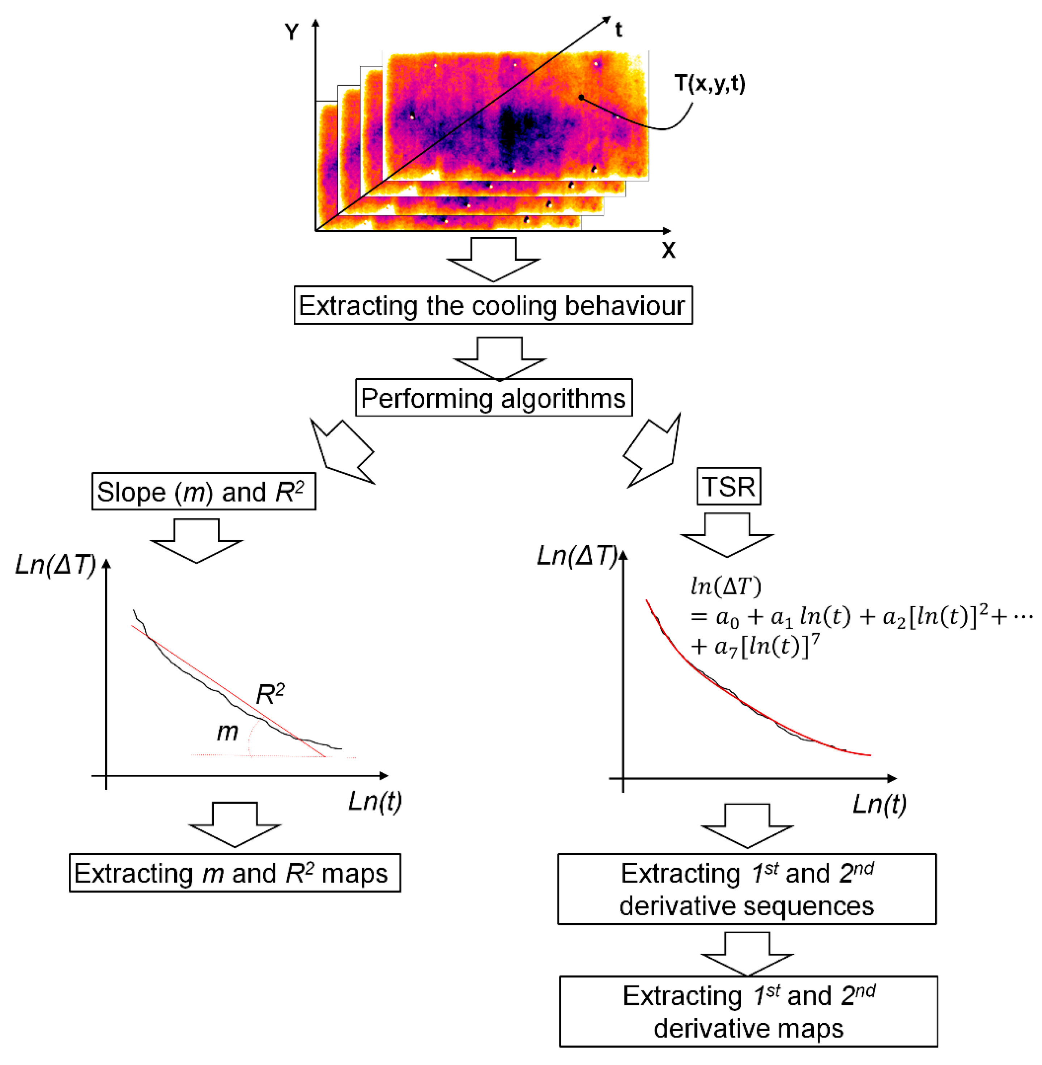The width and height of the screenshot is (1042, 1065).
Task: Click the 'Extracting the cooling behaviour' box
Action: (x=493, y=305)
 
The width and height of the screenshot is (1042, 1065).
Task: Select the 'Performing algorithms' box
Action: (x=494, y=398)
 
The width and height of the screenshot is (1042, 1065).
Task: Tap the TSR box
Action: (x=728, y=486)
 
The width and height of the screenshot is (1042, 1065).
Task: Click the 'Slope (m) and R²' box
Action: (x=204, y=491)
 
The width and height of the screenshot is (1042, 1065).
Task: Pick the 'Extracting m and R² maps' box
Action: (x=235, y=873)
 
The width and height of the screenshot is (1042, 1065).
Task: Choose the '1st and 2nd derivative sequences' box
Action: (x=747, y=889)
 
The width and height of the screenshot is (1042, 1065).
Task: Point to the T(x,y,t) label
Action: (x=710, y=83)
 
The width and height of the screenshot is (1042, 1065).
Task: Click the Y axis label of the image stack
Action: (x=292, y=33)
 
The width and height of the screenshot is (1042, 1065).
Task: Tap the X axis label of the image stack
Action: (x=668, y=250)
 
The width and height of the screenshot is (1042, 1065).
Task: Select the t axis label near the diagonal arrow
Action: (x=618, y=30)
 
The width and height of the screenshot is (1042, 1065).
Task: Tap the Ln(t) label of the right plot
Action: (x=880, y=804)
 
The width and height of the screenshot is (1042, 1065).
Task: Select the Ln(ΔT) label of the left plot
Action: (x=55, y=565)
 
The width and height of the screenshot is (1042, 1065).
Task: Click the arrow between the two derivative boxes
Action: (x=747, y=954)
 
